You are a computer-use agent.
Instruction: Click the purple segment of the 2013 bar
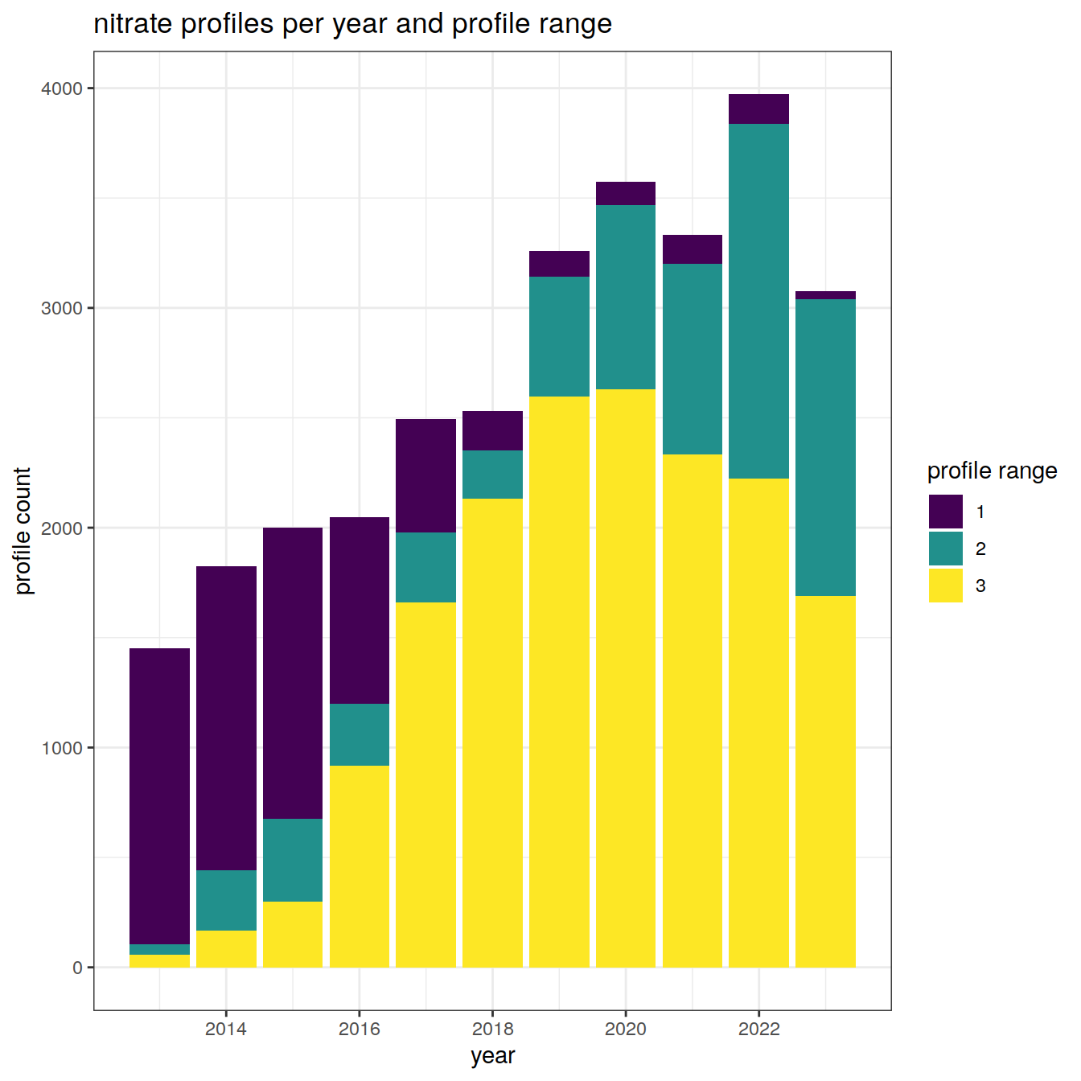point(159,795)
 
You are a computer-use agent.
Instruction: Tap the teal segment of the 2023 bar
point(825,447)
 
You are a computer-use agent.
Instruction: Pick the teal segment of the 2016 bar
point(360,734)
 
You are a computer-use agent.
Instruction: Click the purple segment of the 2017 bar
point(425,475)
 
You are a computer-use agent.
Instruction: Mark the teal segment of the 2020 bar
point(626,297)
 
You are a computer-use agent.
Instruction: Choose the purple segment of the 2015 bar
point(293,672)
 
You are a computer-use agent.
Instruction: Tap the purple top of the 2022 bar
point(758,109)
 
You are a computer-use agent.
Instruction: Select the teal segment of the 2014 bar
point(226,900)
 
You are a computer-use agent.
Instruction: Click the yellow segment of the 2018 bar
point(492,733)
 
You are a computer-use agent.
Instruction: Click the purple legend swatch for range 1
point(945,512)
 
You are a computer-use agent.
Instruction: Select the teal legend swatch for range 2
point(945,549)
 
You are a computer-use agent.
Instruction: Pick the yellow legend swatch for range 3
point(945,586)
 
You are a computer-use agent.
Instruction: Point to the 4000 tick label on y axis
point(62,88)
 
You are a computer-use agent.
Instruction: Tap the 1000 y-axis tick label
point(62,748)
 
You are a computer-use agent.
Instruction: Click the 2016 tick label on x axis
point(360,1030)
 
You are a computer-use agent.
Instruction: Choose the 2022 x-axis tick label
point(758,1030)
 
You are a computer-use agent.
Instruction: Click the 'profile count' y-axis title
point(23,531)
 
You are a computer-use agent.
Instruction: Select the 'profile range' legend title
point(992,471)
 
